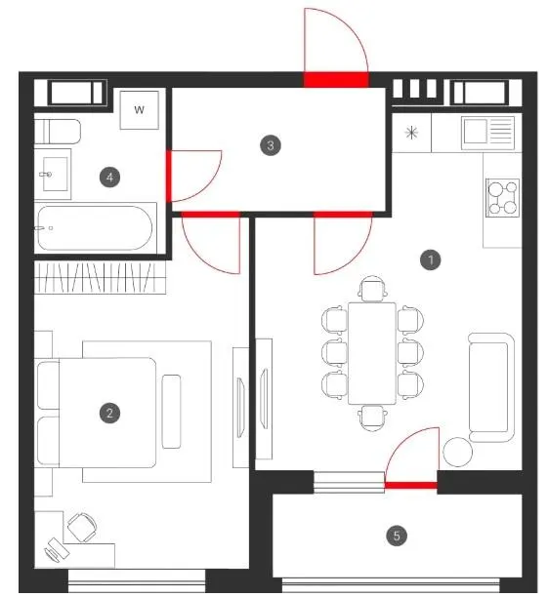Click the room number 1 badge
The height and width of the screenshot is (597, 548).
click(430, 260)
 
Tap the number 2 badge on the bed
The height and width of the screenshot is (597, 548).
click(109, 413)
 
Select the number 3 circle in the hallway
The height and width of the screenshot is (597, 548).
click(271, 145)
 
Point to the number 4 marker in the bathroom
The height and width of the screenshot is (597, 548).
click(109, 177)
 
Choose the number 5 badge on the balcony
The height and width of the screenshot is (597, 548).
click(397, 536)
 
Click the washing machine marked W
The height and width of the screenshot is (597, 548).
click(139, 110)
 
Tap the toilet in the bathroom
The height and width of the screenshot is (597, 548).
click(58, 132)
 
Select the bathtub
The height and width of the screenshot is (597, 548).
click(96, 227)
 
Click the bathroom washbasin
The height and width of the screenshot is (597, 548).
click(53, 174)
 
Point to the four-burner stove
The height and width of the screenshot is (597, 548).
click(503, 198)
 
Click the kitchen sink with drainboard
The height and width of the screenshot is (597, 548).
click(487, 133)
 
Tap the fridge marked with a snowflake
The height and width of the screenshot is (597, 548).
click(411, 133)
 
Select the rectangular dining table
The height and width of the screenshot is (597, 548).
click(372, 353)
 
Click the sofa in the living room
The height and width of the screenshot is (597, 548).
click(491, 387)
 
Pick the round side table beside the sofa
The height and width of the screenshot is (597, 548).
click(457, 452)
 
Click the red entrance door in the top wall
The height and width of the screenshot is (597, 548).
click(336, 80)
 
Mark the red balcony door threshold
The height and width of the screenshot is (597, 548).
click(410, 485)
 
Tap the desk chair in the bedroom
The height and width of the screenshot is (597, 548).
click(82, 527)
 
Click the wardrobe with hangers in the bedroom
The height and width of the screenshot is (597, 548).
click(101, 278)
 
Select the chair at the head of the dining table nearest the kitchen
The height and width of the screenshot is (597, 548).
click(372, 290)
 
